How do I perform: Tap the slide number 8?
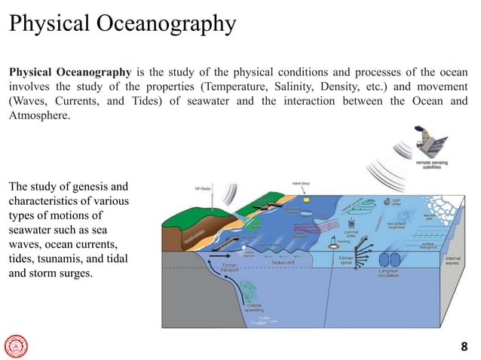(464, 346)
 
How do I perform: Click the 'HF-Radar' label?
(202, 188)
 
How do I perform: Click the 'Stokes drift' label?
(283, 262)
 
